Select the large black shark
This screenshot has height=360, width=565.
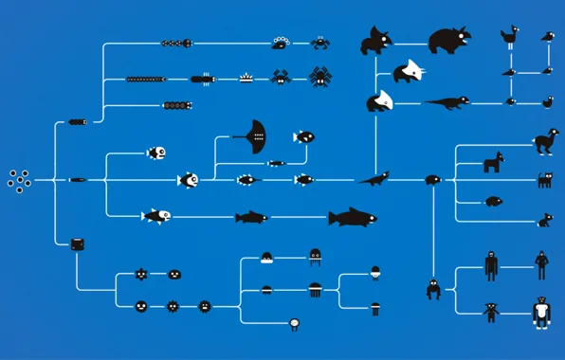coord(352,218)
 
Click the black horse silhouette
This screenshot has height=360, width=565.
coord(493,162)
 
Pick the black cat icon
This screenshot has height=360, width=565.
coord(545,180)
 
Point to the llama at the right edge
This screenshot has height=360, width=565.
coord(545,141)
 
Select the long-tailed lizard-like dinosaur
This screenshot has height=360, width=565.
coord(446,100)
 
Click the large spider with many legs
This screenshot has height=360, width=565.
coord(319,76)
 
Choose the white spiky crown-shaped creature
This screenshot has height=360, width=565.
coord(246,78)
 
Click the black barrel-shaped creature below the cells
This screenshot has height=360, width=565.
coord(78,243)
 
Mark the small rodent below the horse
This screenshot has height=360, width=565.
coord(493,201)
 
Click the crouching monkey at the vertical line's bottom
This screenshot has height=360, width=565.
coord(433,289)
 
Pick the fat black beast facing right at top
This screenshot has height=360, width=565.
coord(447,40)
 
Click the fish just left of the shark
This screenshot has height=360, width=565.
coord(251,218)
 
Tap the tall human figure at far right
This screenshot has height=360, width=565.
coord(540,264)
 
